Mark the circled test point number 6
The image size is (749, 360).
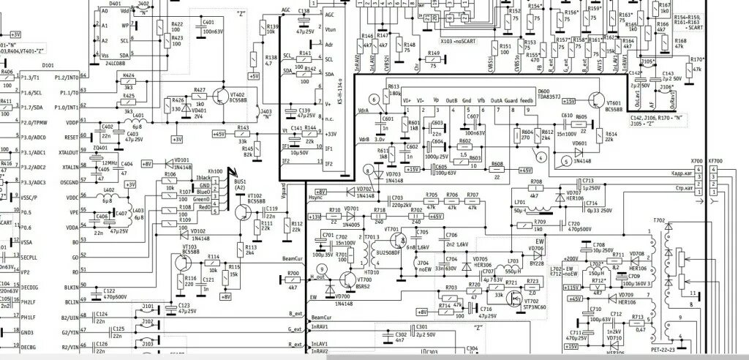(x=372, y=99)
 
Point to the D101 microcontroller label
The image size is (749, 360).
(x=48, y=65)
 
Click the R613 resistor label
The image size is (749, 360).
(x=394, y=86)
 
